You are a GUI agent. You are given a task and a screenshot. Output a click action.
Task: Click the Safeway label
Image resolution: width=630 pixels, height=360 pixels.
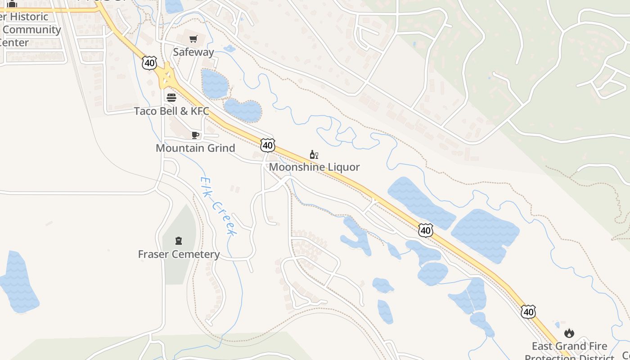click(193, 52)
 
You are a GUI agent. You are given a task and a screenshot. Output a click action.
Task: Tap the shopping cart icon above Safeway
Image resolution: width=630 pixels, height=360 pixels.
click(193, 39)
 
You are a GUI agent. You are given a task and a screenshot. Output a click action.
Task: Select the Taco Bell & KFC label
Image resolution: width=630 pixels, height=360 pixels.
click(171, 111)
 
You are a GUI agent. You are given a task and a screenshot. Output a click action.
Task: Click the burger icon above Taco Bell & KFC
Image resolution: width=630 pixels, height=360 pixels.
click(171, 98)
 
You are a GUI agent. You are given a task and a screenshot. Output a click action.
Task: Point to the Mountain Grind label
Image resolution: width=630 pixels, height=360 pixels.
click(195, 148)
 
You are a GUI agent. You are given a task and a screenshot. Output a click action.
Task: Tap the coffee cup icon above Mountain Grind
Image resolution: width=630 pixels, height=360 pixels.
click(195, 135)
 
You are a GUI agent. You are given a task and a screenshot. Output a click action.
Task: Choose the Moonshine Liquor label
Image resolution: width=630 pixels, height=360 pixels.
click(314, 167)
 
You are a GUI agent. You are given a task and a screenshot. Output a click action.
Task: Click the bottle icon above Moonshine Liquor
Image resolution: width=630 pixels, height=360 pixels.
click(314, 154)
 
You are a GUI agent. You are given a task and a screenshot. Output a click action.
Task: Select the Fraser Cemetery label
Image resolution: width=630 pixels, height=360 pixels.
click(179, 254)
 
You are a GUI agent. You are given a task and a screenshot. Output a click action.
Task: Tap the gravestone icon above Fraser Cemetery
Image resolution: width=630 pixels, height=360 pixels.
click(179, 241)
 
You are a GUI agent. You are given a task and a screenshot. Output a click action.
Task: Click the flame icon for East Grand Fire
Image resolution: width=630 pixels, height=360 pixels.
click(569, 333)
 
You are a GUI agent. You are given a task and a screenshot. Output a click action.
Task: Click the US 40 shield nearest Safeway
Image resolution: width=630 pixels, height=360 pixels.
click(149, 63)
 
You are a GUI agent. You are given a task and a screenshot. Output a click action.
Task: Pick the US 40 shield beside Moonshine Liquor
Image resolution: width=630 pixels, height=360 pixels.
click(267, 145)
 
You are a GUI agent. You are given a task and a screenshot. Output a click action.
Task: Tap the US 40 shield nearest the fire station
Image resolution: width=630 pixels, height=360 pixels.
click(529, 311)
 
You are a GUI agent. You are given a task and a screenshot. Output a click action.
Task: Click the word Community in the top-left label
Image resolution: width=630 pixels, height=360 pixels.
click(31, 30)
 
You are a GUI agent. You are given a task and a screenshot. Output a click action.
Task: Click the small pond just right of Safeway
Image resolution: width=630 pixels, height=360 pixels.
click(229, 48)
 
